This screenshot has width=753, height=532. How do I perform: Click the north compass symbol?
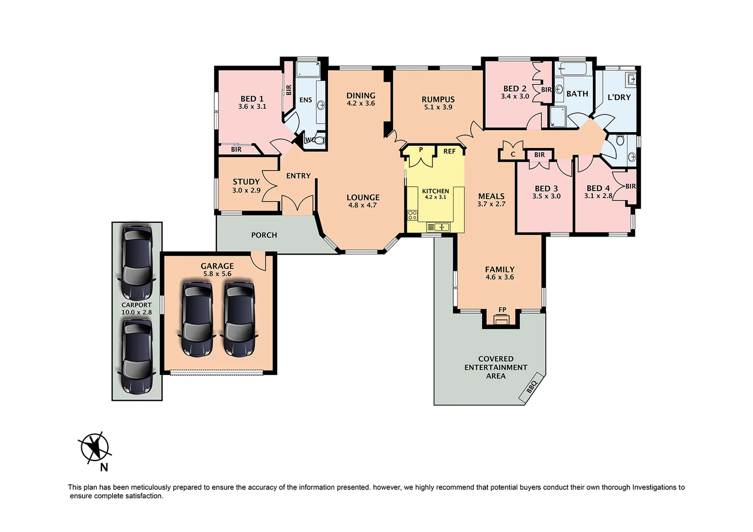(95, 448)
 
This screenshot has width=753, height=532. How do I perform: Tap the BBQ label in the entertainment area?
(531, 387)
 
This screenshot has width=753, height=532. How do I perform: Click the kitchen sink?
(438, 227)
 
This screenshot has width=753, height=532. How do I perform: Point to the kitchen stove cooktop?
(412, 215)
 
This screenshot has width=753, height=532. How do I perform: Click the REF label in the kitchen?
(449, 151)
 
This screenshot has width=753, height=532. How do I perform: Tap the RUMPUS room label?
(438, 99)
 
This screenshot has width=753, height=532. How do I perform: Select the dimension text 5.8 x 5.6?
(217, 274)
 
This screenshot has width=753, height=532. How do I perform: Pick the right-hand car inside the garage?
(239, 319)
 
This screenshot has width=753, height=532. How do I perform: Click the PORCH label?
(264, 235)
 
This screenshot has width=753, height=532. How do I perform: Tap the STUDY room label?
(246, 182)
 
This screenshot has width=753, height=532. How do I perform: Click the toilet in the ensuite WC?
(319, 140)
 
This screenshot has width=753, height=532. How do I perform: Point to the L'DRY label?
(619, 97)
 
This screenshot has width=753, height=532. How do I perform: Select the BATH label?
(577, 94)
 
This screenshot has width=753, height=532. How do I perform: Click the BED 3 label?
(546, 188)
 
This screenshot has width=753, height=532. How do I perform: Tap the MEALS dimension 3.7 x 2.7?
(491, 204)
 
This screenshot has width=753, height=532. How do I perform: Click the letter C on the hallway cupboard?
(513, 154)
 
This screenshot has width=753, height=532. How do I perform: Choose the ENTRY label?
(298, 176)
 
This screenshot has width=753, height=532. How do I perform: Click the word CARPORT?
(137, 305)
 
